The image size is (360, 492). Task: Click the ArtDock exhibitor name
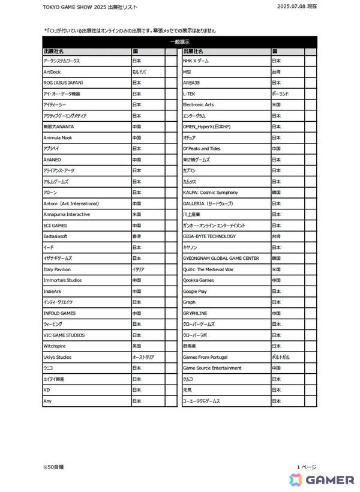[52, 72]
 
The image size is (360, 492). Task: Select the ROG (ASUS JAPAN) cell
[63, 83]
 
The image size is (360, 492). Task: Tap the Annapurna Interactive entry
[67, 214]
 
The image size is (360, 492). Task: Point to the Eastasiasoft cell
[56, 236]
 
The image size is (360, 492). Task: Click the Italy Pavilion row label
[57, 269]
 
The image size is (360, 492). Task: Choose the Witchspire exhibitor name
[55, 346]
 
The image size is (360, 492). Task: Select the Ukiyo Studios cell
[58, 357]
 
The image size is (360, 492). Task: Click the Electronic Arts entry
[198, 105]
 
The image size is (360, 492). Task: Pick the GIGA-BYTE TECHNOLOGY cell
[209, 236]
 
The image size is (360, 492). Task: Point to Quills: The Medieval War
[208, 269]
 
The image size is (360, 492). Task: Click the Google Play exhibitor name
[195, 291]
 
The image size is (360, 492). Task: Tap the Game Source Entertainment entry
[212, 368]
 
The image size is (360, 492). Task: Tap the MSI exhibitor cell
[187, 72]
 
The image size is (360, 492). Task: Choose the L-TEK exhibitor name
[189, 94]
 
